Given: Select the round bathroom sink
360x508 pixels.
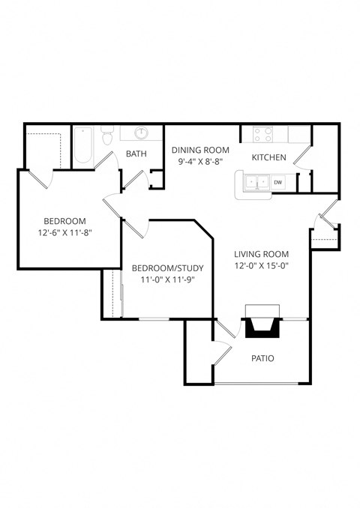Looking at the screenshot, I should click(x=141, y=133).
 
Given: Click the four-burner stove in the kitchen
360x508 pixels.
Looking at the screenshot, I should click(x=262, y=135).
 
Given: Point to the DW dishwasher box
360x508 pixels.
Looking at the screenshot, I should click(x=277, y=182).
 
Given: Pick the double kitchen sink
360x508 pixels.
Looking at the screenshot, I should click(x=256, y=182).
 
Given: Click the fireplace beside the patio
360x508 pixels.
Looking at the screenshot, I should click(x=260, y=324).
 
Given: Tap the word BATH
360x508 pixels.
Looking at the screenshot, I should click(x=136, y=154).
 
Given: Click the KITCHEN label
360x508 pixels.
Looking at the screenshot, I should click(x=268, y=157).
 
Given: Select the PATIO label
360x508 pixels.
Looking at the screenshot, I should click(x=262, y=358).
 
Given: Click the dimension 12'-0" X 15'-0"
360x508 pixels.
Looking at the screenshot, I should click(x=261, y=264).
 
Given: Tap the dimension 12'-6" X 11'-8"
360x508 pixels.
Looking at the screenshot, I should click(x=64, y=233).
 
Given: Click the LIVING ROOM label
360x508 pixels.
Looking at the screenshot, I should click(x=261, y=253).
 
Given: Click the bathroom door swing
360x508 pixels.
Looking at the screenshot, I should click(x=133, y=178).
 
